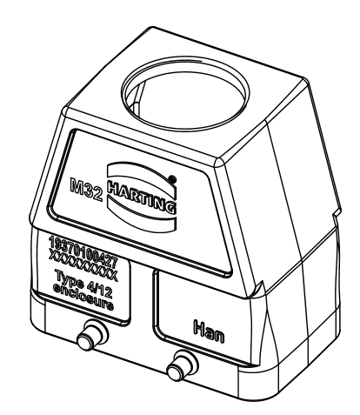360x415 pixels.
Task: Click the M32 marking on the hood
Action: coord(86,190)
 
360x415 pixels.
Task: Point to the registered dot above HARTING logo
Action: coord(172,178)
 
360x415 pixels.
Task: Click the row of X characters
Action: coord(83,265)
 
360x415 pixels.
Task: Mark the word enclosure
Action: coord(83,297)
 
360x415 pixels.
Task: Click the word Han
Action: coord(209,331)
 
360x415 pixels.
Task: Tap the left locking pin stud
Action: coord(92,336)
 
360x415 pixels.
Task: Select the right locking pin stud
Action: coord(182,366)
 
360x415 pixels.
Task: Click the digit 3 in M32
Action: coord(89,191)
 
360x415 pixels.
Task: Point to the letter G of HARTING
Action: coord(171,207)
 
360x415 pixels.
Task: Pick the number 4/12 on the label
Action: coord(99,289)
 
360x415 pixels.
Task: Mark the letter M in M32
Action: coord(77,185)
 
